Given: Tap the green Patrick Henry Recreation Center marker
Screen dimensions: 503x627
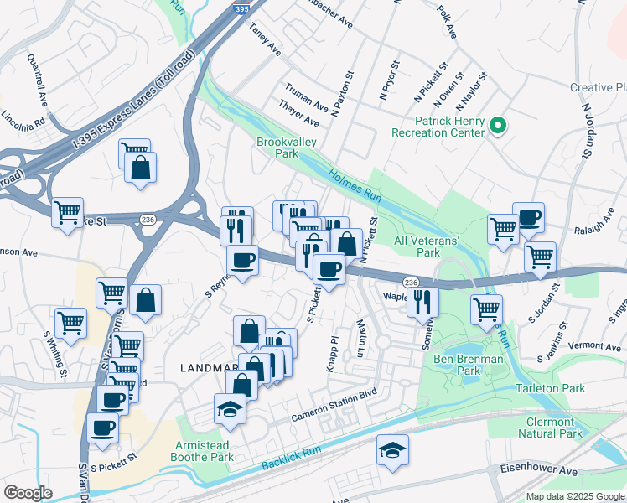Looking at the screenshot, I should click(497, 126).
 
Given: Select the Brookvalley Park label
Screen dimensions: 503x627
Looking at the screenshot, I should click(287, 148).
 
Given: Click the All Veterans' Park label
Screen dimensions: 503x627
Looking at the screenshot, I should click(427, 246).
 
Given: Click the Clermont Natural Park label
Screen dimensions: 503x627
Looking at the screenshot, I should click(553, 428).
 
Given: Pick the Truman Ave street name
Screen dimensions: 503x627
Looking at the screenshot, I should click(306, 96).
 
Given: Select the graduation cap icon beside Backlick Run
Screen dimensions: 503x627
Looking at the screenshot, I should click(392, 451).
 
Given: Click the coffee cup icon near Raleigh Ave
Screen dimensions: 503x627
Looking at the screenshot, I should click(528, 218).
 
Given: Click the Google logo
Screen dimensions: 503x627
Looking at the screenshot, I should click(28, 493).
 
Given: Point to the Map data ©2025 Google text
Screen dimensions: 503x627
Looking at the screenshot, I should click(574, 496).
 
